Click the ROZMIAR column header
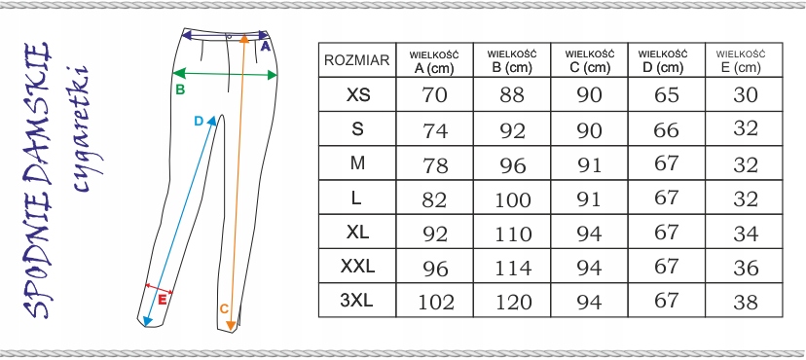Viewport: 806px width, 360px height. [356, 60]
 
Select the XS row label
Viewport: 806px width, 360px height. [358, 94]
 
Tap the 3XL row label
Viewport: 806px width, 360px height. [356, 300]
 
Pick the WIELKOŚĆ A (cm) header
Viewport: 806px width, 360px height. [434, 61]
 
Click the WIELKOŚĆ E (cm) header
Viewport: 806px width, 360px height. [741, 60]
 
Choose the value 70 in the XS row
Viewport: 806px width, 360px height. [434, 95]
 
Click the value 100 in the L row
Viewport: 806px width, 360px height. [512, 198]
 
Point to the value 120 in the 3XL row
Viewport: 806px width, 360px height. [512, 302]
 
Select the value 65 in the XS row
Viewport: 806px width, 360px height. [667, 95]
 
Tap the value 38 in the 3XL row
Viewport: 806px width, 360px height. [746, 302]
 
